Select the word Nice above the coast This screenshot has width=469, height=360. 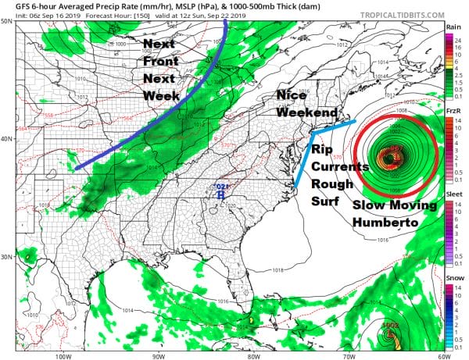tap(293, 94)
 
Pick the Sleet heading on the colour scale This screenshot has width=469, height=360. tap(452, 199)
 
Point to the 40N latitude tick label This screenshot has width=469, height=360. tap(7, 140)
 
